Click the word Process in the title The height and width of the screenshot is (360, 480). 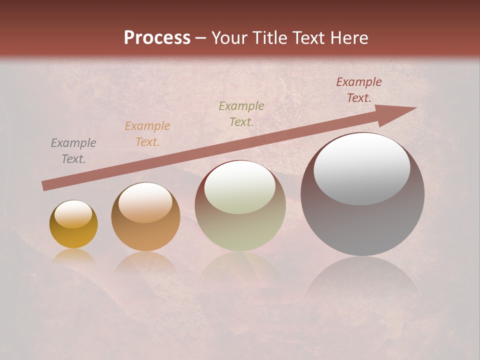[157, 38]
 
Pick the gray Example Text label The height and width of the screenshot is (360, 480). [73, 151]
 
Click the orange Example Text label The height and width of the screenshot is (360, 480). [147, 134]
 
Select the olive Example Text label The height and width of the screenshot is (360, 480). [241, 114]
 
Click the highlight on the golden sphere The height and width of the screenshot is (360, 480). [73, 214]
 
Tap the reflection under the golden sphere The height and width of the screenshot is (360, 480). [73, 257]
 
